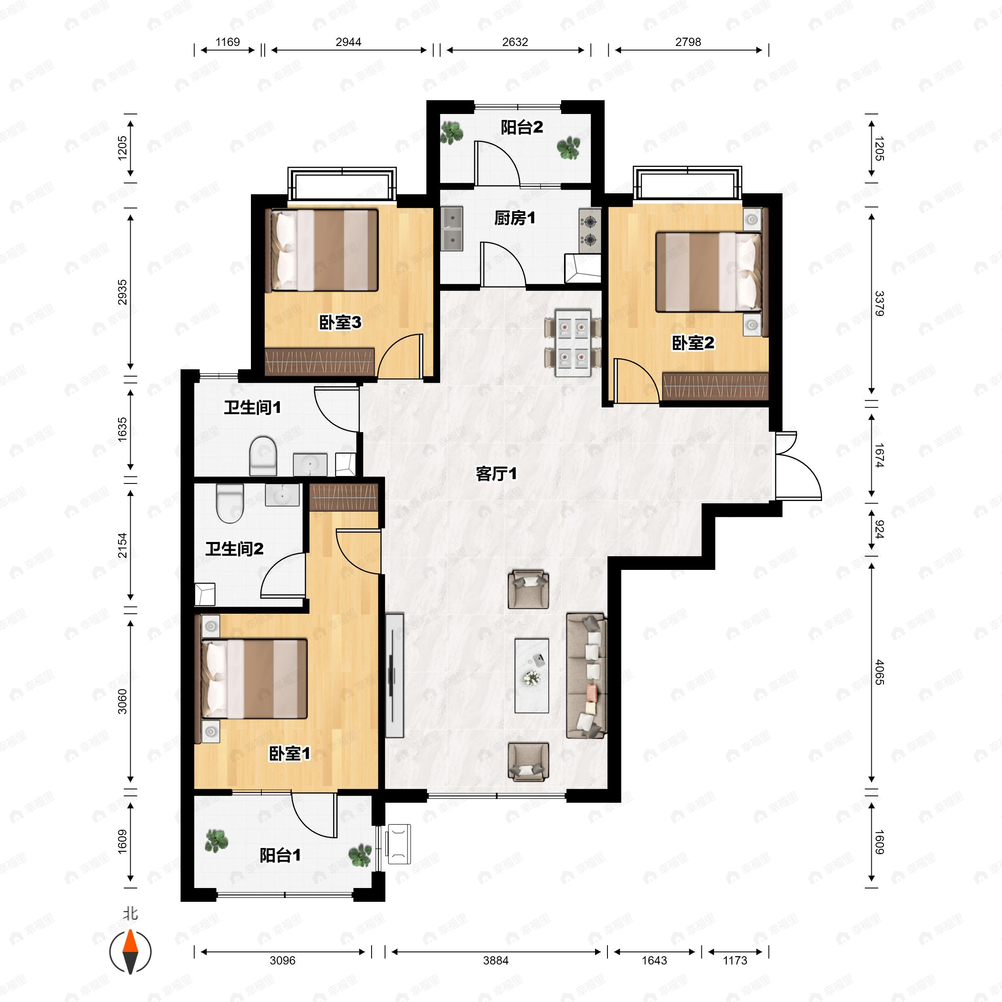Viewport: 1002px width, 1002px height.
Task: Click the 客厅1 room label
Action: click(x=496, y=473)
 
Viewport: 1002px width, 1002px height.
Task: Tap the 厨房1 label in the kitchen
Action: click(x=514, y=218)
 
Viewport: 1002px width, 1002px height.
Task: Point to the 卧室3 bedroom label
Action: click(x=340, y=323)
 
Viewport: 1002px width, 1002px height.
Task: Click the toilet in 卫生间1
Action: click(x=263, y=455)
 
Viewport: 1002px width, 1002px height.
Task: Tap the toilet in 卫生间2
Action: click(x=230, y=503)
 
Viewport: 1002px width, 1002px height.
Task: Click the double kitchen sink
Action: click(x=452, y=229)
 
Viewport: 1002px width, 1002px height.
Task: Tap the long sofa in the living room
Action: click(x=586, y=675)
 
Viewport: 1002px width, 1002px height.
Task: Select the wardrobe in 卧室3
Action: click(x=319, y=361)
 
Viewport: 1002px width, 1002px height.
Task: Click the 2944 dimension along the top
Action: click(x=348, y=42)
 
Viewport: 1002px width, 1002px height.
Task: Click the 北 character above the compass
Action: click(x=130, y=913)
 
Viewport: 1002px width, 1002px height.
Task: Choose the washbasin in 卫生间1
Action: click(x=310, y=464)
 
